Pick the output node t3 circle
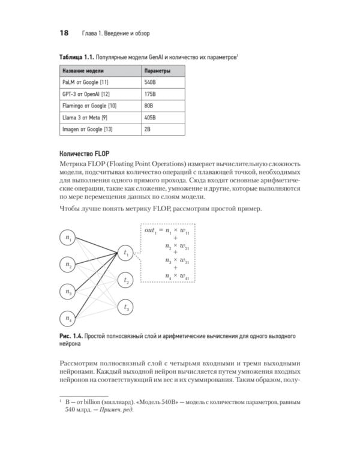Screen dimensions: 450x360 [126, 307]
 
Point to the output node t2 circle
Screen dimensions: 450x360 [126, 280]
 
